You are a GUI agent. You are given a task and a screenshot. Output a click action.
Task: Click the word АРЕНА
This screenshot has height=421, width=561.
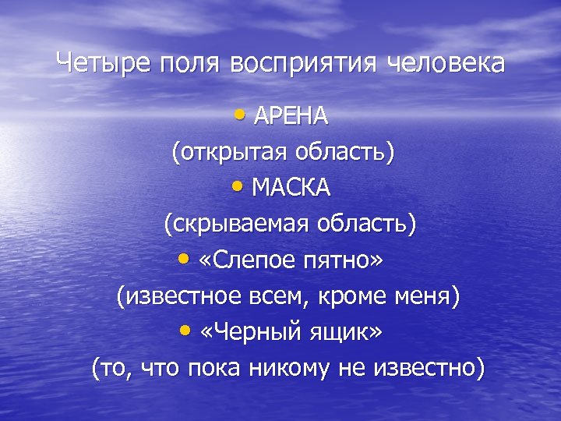click(x=291, y=117)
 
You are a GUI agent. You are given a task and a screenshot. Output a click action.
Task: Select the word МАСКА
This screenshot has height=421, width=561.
click(x=291, y=188)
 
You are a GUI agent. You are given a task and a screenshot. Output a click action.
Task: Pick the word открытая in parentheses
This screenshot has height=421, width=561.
click(x=227, y=152)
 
